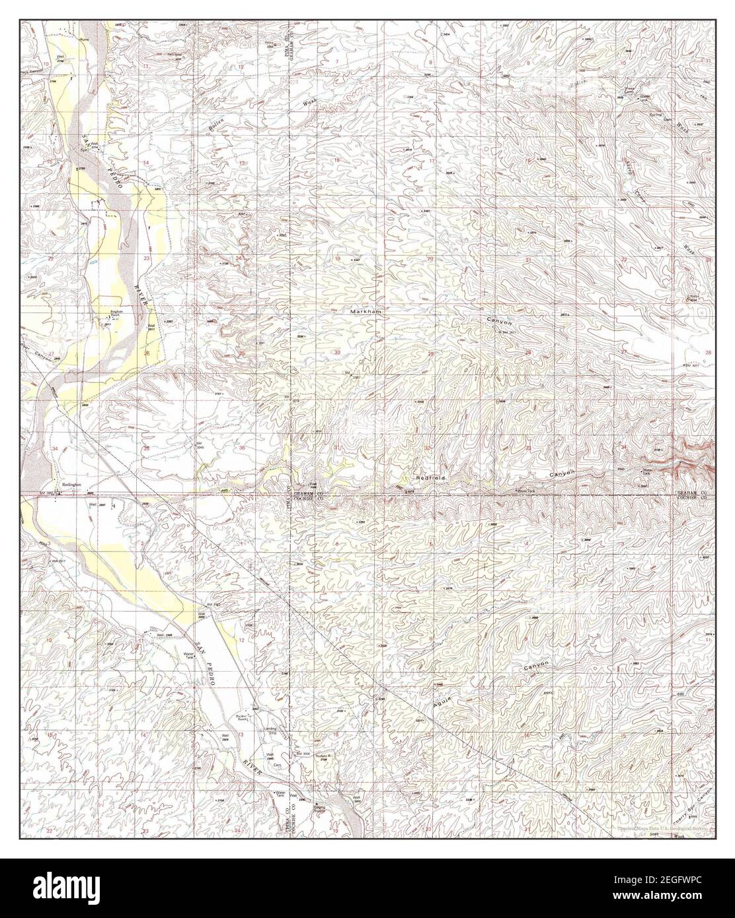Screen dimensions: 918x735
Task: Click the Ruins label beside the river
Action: click(x=83, y=39)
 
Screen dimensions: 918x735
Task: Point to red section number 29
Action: click(x=431, y=354)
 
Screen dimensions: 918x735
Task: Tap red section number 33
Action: click(x=527, y=448)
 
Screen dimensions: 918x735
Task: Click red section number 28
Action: click(x=527, y=353)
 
